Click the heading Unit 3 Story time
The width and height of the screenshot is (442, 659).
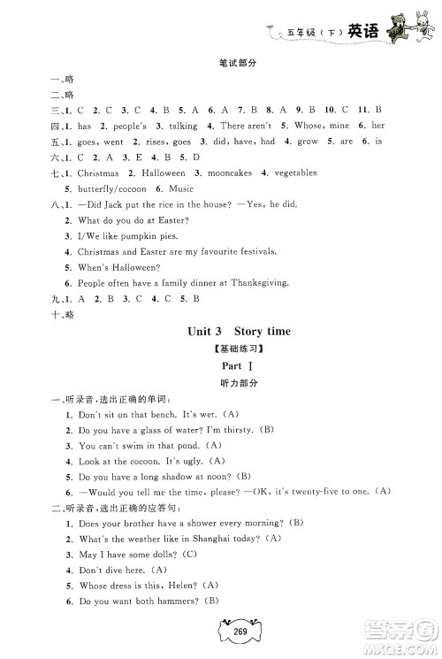click(x=221, y=356)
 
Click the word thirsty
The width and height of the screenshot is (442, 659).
click(x=232, y=430)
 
